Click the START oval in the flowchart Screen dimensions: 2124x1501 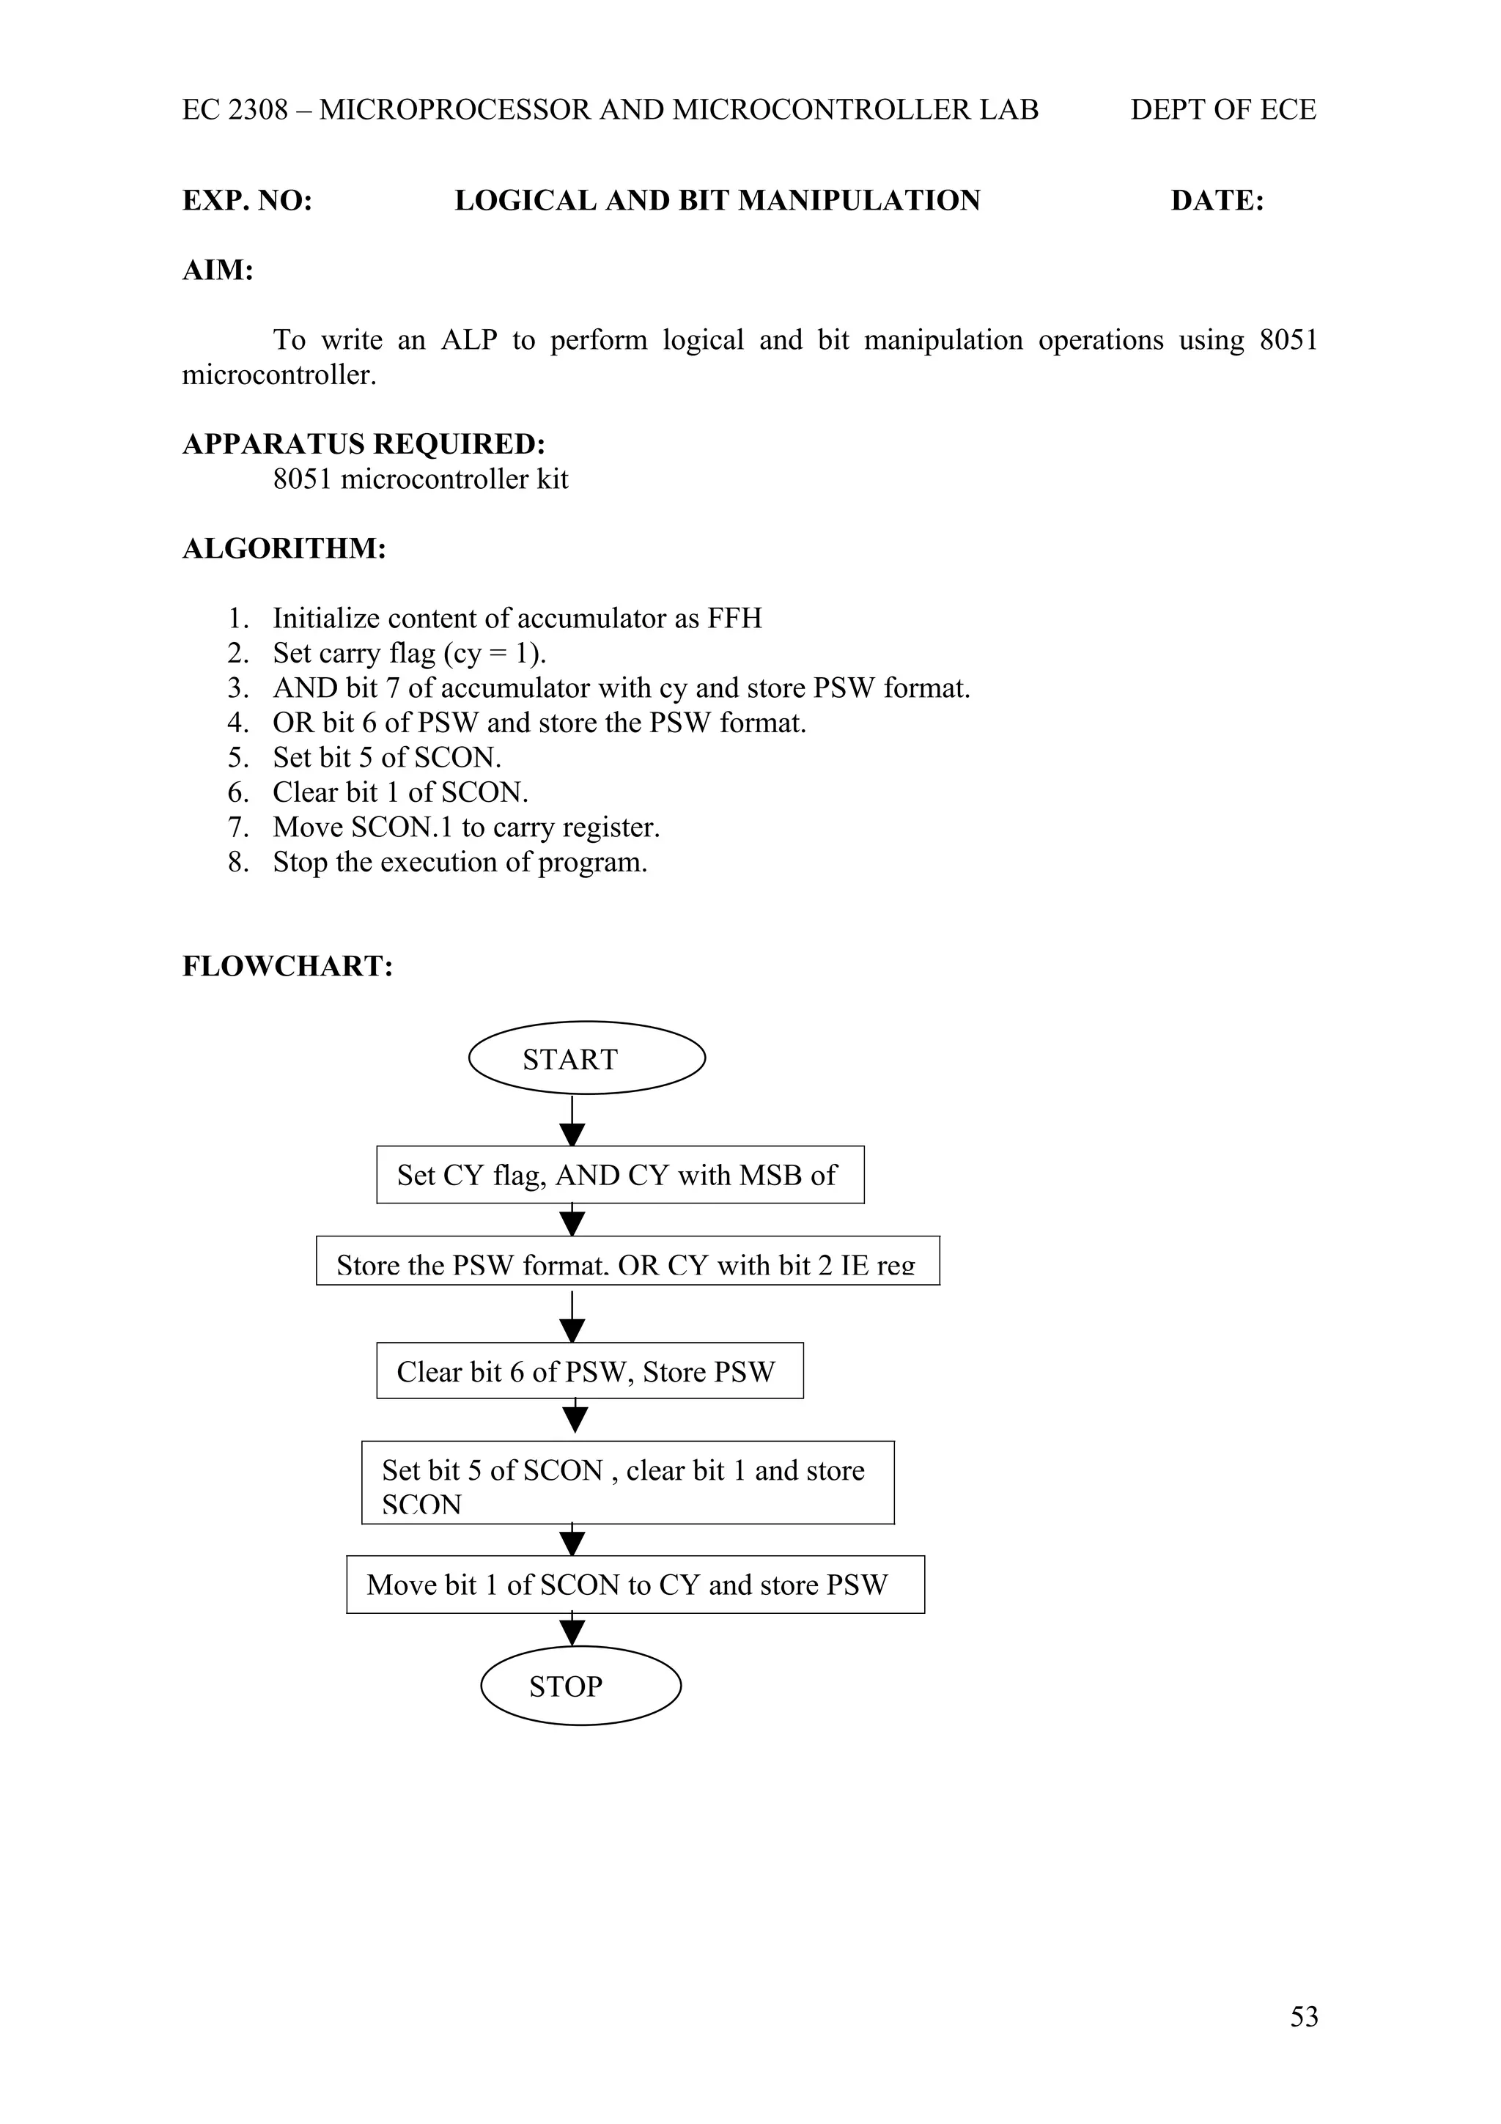tap(586, 1058)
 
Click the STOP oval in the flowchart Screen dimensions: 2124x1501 tap(580, 1686)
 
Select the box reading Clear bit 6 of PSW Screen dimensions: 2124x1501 tap(589, 1371)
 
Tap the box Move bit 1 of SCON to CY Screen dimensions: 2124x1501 tap(635, 1585)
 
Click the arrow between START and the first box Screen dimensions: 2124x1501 tap(572, 1122)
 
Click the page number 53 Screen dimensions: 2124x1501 tap(1303, 2016)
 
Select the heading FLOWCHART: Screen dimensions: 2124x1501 tap(287, 966)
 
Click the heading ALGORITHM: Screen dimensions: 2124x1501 tap(284, 548)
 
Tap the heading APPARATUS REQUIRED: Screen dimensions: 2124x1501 tap(364, 444)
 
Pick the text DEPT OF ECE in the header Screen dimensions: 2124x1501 tap(1222, 110)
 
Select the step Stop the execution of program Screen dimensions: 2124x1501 tap(460, 862)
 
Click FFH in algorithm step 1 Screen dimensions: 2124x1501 tap(734, 618)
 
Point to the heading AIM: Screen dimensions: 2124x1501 tap(218, 270)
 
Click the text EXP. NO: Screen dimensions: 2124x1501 tap(247, 201)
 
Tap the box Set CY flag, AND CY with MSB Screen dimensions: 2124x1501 tap(619, 1175)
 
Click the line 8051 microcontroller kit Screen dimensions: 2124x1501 tap(420, 479)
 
